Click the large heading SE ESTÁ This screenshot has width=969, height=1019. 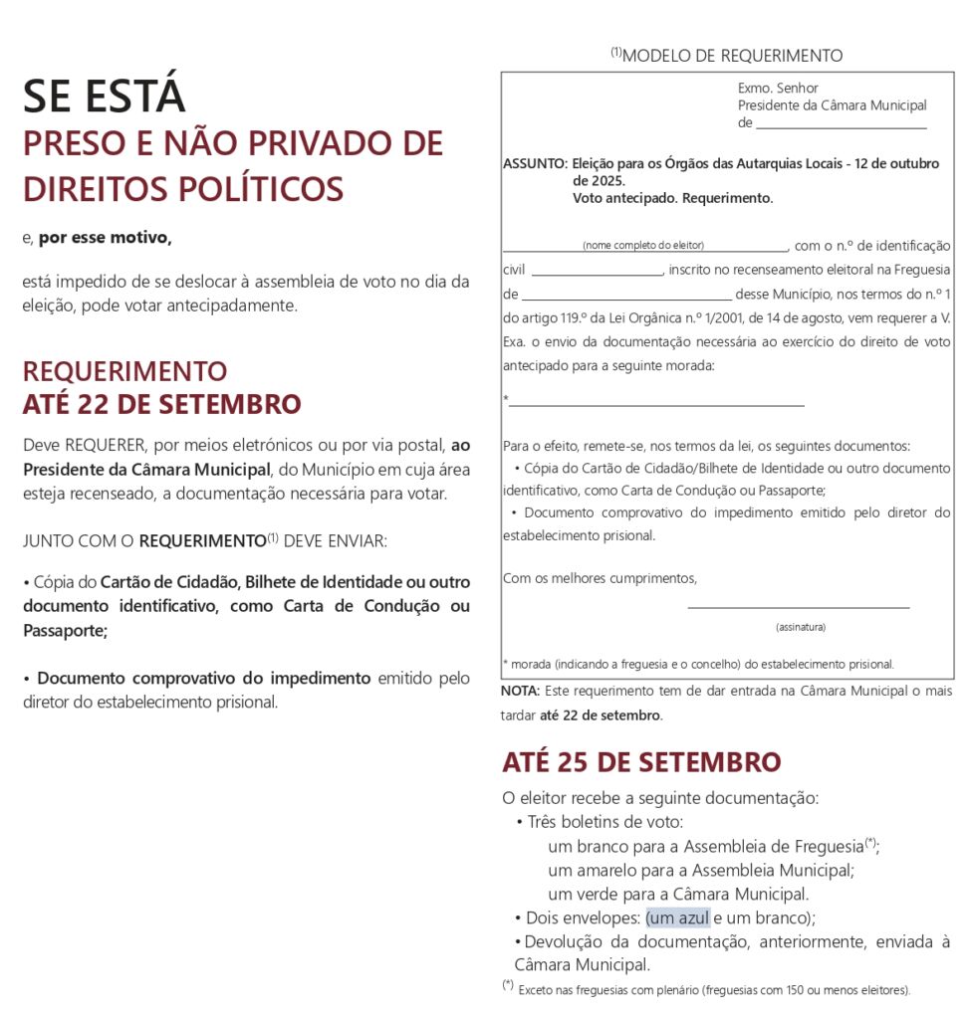pos(104,97)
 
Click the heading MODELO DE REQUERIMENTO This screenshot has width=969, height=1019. pos(731,56)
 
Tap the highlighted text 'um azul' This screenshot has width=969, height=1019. pos(677,917)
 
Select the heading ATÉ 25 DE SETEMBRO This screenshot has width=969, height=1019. pos(641,763)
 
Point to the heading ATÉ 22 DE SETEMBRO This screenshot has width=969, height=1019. pos(161,405)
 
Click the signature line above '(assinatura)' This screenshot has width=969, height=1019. pos(798,606)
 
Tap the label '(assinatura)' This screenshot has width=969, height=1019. pos(801,627)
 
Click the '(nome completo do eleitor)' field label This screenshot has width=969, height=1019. pos(643,245)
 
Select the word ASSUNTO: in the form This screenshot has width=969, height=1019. pos(535,164)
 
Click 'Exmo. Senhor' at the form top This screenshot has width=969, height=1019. pos(778,88)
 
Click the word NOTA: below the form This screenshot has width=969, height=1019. pos(520,691)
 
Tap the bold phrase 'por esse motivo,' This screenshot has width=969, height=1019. pos(105,238)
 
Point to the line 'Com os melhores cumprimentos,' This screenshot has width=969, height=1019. pos(600,578)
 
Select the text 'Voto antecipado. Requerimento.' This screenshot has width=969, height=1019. pos(672,198)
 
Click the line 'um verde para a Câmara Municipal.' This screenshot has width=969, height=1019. pos(678,894)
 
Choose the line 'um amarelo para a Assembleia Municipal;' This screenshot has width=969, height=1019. pos(701,870)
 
